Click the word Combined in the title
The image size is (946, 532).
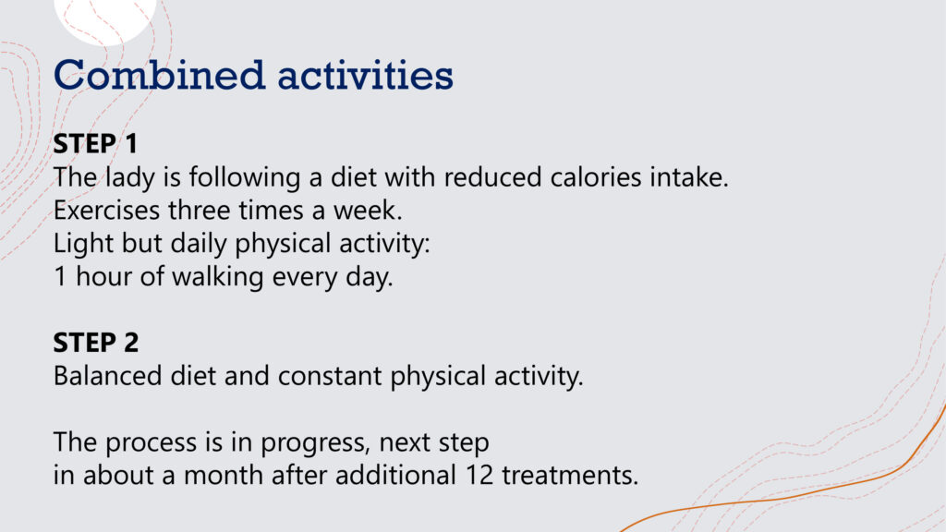coord(159,75)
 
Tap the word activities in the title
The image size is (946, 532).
coord(365,75)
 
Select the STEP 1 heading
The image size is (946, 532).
coord(95,143)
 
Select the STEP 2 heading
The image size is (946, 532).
coord(95,343)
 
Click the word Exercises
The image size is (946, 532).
coord(107,211)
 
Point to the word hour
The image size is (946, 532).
coord(103,277)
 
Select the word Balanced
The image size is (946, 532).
coord(107,376)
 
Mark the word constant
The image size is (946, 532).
coord(330,377)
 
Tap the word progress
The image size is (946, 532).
coord(314,443)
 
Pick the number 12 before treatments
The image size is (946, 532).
coord(479,476)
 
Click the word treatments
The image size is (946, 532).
coord(570,476)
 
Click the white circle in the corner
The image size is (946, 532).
coord(105,18)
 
